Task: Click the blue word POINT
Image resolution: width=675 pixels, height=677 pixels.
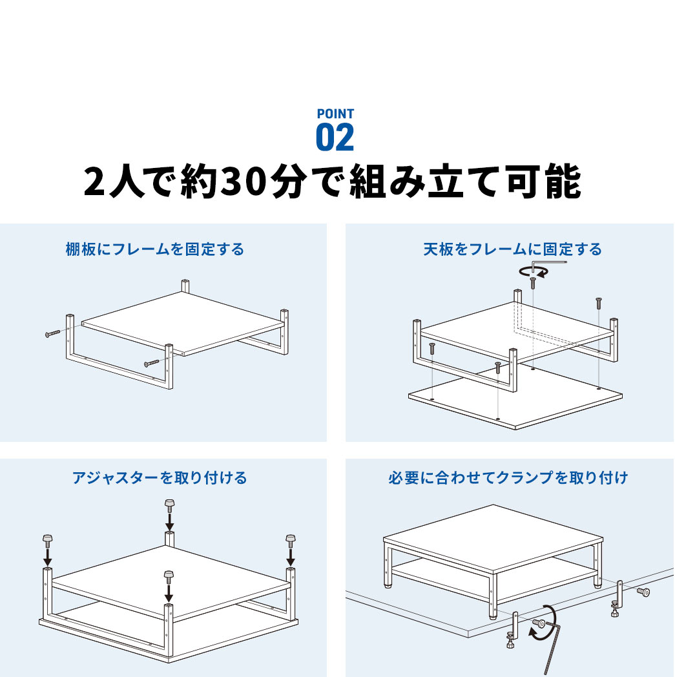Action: pos(335,114)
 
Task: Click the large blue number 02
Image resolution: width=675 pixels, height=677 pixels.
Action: pos(335,138)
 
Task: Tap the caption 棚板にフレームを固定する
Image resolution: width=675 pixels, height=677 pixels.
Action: pos(155,249)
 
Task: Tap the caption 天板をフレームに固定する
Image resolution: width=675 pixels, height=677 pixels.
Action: pos(513,249)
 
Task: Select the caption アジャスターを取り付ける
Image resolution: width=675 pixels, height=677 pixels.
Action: pos(160,478)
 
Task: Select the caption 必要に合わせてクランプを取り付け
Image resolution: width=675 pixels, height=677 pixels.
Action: pos(508,478)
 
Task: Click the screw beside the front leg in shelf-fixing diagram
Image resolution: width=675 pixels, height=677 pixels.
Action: pos(151,364)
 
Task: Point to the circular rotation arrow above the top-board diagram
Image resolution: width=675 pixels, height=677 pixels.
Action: pos(534,271)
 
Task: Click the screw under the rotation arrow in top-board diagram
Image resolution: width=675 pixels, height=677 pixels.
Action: pos(533,282)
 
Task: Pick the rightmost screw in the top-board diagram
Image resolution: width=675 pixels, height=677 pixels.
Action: pos(599,302)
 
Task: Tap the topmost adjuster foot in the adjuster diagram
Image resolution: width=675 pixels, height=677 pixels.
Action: pos(169,504)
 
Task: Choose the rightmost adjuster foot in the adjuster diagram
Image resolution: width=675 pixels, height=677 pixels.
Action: pos(290,538)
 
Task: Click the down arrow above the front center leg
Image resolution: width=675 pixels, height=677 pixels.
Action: pos(169,590)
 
